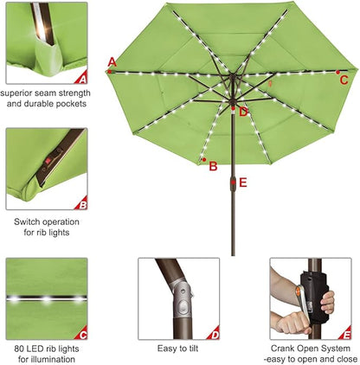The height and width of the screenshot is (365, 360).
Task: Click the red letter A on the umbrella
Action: point(112,61)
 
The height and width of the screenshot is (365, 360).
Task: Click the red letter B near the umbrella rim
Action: point(213,166)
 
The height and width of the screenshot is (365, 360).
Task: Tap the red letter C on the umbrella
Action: point(344,80)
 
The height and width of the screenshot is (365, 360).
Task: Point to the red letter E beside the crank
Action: point(243,182)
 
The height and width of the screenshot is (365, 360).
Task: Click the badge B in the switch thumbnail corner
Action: point(82,205)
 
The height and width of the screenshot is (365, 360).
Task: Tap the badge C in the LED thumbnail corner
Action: point(82,334)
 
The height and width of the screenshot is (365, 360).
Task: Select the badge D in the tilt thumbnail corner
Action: point(215,334)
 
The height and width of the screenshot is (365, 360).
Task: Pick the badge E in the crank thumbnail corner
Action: point(347,334)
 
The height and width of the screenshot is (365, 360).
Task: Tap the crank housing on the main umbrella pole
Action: point(232,183)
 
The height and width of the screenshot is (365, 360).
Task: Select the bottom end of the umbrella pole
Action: point(232,253)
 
